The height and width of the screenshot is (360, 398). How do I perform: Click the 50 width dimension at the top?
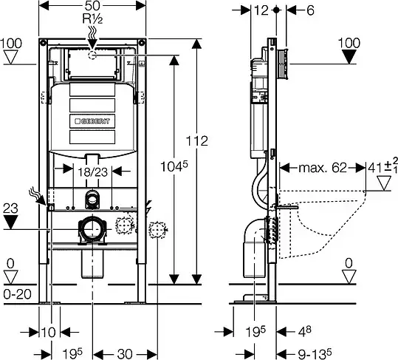92,5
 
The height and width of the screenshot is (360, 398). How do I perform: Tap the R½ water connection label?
92,18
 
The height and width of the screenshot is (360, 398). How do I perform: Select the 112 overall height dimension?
197,140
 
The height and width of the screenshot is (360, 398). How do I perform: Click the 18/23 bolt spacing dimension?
92,172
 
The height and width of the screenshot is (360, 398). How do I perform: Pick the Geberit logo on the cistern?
92,121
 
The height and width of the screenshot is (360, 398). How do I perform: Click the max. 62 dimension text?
323,168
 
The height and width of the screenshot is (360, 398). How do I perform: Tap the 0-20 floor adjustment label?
18,294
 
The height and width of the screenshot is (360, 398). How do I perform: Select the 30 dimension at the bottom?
125,353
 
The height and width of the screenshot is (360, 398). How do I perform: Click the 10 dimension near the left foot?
48,332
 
